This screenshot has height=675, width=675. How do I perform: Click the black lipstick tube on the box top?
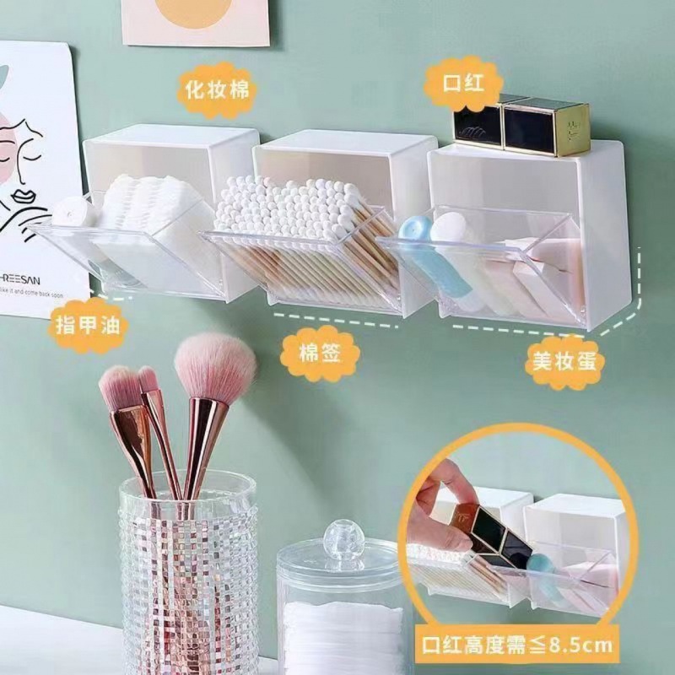pyautogui.click(x=479, y=121)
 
